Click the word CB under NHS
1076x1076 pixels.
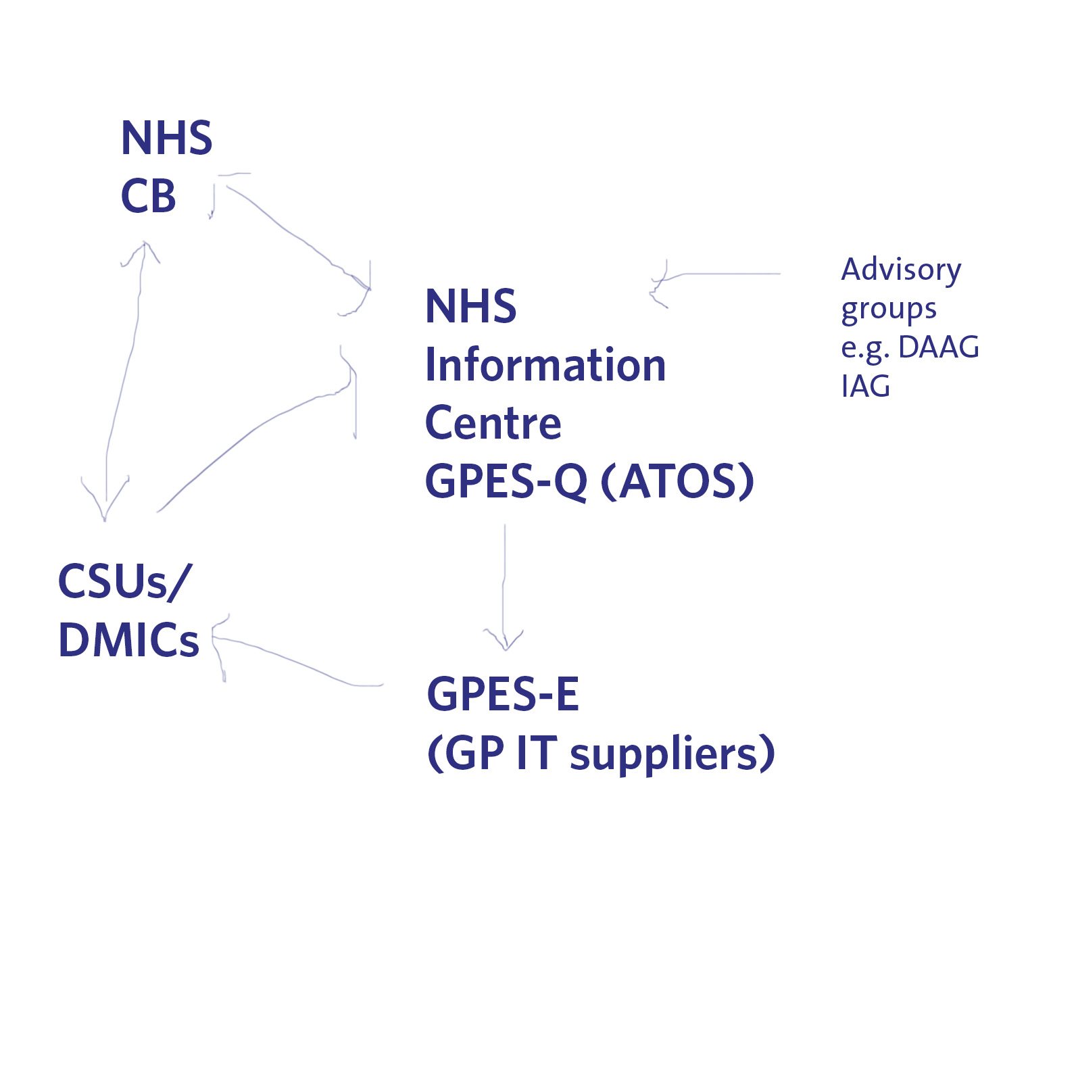[148, 197]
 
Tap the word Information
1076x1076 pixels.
[545, 365]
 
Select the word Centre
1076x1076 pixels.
[493, 423]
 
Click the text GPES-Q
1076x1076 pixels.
[506, 481]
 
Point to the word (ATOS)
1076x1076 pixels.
[677, 481]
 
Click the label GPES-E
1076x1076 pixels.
[503, 694]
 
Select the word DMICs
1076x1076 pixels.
[128, 640]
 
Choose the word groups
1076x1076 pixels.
[889, 310]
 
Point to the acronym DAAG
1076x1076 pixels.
[938, 347]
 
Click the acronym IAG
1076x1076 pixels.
[865, 387]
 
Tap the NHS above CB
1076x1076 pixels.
[166, 139]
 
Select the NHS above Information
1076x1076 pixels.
[470, 306]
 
